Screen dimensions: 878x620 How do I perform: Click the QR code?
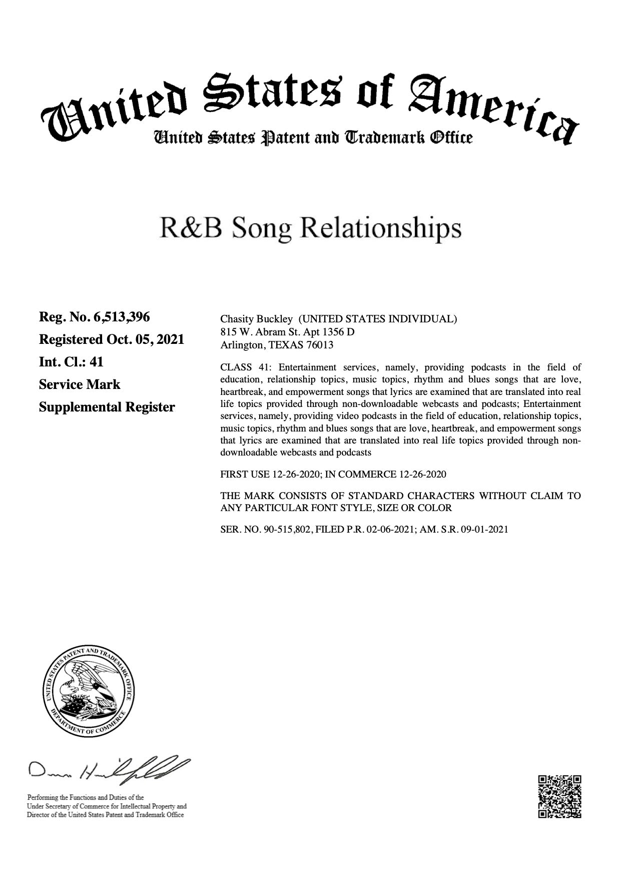pyautogui.click(x=559, y=796)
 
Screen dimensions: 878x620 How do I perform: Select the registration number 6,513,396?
pyautogui.click(x=122, y=317)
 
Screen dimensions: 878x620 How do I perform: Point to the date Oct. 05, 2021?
pyautogui.click(x=145, y=339)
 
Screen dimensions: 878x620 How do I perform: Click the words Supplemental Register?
pyautogui.click(x=107, y=407)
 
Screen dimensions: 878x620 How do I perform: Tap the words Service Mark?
pyautogui.click(x=80, y=384)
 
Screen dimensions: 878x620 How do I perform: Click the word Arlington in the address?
pyautogui.click(x=241, y=345)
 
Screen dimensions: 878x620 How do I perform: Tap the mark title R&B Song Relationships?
pyautogui.click(x=310, y=228)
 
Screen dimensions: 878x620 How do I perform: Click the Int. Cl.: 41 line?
pyautogui.click(x=71, y=362)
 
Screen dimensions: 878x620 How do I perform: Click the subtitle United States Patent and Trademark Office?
pyautogui.click(x=313, y=137)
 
